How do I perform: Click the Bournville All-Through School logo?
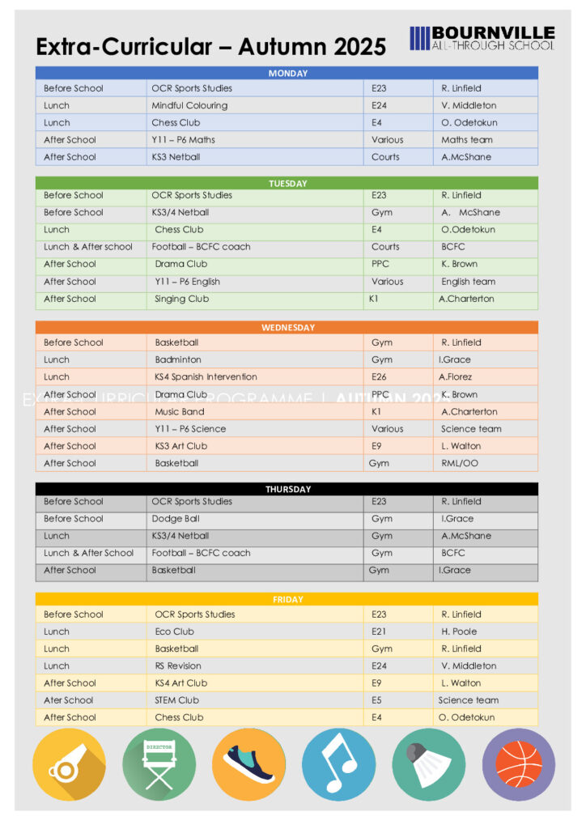482,38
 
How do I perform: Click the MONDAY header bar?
287,73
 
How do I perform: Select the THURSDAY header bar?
287,489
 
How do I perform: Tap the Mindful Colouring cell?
189,105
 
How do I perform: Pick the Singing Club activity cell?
182,299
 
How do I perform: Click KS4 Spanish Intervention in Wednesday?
206,376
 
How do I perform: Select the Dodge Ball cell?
176,518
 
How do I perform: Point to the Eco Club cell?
175,631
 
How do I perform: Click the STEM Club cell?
176,700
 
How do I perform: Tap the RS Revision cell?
178,665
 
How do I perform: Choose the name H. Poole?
459,631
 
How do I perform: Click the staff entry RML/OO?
459,463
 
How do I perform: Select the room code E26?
379,376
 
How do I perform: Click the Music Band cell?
180,411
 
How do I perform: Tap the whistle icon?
69,765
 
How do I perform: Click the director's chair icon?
159,765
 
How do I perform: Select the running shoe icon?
248,765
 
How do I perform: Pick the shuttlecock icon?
428,765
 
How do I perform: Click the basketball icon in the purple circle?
518,765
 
